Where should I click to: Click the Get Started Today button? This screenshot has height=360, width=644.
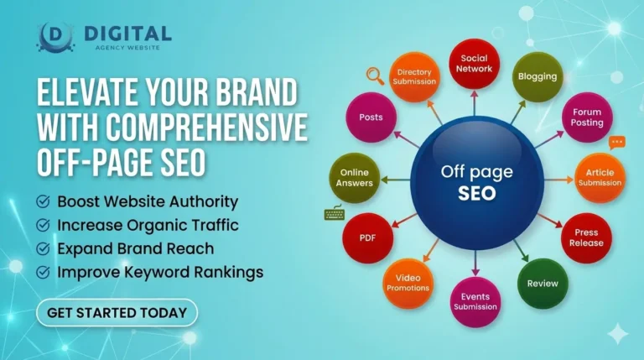(x=117, y=313)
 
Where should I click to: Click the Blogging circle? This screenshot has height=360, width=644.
(x=537, y=76)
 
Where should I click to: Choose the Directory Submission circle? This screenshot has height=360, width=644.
(x=415, y=76)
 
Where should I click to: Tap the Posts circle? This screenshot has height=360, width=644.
(x=371, y=117)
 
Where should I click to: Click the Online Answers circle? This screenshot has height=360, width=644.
(x=354, y=177)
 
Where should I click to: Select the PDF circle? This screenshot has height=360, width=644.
(x=366, y=237)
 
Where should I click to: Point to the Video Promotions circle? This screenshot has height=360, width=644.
(x=408, y=283)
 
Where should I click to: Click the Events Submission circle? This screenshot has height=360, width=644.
(x=475, y=301)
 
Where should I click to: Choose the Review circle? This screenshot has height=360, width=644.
(x=542, y=283)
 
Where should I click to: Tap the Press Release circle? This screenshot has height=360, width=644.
(x=585, y=237)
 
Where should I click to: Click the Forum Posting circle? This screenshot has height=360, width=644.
(x=587, y=117)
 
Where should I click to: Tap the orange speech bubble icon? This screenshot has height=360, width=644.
(x=617, y=143)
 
